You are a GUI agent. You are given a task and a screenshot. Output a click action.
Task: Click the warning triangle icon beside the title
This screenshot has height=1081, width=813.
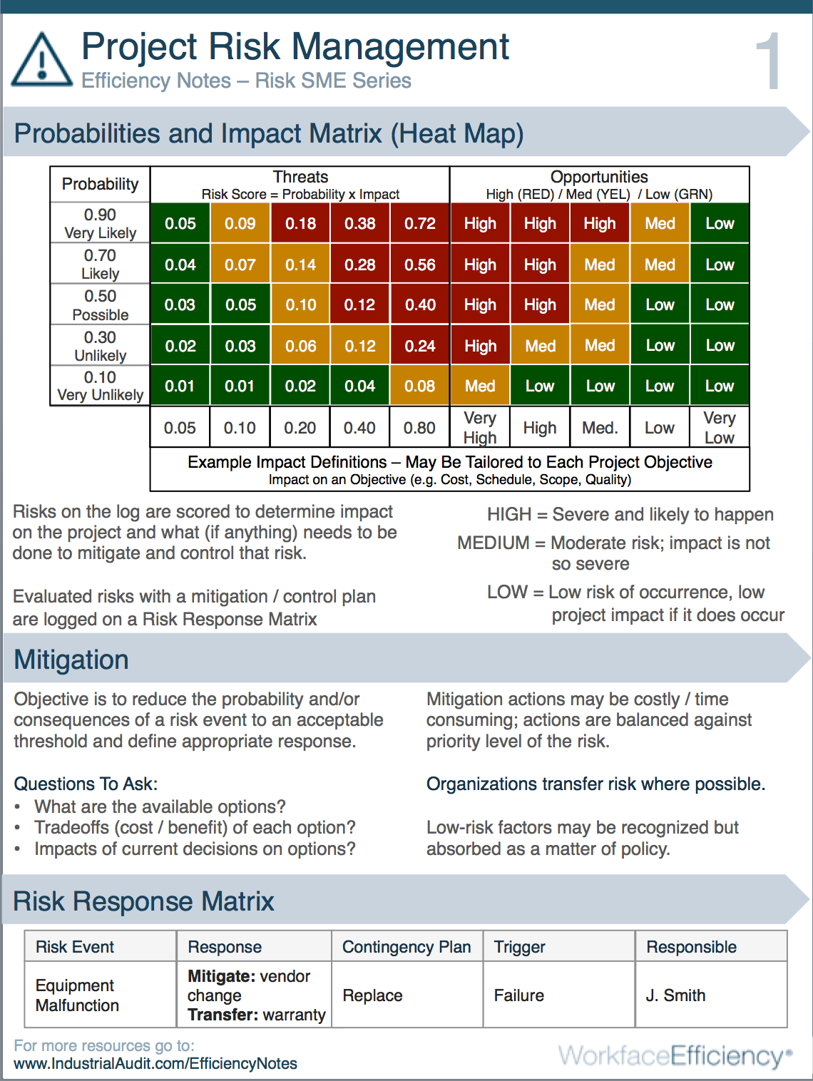coord(41,61)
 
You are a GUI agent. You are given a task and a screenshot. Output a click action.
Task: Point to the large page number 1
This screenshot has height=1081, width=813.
coord(769,63)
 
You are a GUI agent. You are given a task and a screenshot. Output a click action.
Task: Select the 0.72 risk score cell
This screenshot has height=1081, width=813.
coord(420,223)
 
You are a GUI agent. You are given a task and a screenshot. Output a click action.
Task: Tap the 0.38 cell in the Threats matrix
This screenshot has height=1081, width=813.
coord(360,223)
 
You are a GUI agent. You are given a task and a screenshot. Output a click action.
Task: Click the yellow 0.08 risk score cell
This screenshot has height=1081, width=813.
coord(420,386)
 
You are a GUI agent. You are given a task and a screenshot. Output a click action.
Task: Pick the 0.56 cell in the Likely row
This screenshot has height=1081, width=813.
coord(420,265)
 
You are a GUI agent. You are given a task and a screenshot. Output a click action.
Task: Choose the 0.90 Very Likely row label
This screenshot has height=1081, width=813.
coord(100,223)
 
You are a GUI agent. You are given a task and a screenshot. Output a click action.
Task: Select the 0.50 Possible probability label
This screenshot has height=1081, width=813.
coord(100,305)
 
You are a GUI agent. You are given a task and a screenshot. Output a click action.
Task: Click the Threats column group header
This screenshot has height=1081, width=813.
coord(300,184)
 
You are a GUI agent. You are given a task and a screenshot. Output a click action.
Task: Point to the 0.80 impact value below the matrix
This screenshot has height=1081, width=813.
coord(420,427)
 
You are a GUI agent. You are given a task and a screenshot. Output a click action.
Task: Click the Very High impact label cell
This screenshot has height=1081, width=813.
coord(480,427)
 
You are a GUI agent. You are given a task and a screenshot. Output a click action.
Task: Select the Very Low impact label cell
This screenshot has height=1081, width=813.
coord(719,427)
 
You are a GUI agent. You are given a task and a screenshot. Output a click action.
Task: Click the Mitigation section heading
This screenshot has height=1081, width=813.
coord(71,660)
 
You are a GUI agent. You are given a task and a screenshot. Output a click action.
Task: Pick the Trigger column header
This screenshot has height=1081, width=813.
coord(520,947)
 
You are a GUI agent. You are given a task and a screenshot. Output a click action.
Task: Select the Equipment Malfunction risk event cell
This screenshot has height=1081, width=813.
coord(77,995)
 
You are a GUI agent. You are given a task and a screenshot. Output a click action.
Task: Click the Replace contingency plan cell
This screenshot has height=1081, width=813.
coord(373,995)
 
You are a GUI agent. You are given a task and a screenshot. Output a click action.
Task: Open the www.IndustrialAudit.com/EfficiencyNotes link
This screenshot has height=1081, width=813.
coord(155,1063)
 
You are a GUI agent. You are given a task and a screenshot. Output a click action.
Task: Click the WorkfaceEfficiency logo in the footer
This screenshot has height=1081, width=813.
coord(675,1055)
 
